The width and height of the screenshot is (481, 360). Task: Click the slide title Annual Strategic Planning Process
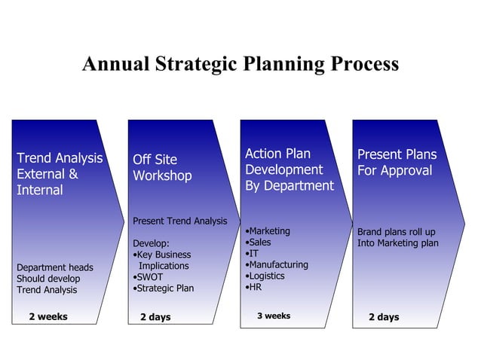pos(240,63)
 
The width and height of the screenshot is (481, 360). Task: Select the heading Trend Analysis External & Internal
pos(59,174)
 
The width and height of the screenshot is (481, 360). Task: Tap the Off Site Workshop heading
pos(162,167)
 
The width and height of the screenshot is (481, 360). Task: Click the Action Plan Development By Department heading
pos(289,169)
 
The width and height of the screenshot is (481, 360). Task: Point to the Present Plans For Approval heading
pos(397,163)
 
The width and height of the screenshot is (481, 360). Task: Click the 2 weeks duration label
pos(48,316)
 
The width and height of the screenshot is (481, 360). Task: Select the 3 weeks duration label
pos(273,316)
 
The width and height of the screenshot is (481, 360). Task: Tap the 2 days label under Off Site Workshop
pos(155,317)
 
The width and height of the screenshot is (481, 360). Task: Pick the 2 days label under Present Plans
pos(384,317)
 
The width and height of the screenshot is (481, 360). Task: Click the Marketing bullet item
pos(269,231)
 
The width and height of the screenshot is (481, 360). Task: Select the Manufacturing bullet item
pos(277,265)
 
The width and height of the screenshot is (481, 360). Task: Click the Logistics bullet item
pos(266,276)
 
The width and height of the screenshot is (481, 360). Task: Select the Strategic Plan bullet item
pos(164,288)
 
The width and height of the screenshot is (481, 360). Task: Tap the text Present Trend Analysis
pos(179,221)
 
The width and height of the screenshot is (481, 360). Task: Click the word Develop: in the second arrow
pos(152,244)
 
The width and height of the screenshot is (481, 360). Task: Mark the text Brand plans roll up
pos(397,232)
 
